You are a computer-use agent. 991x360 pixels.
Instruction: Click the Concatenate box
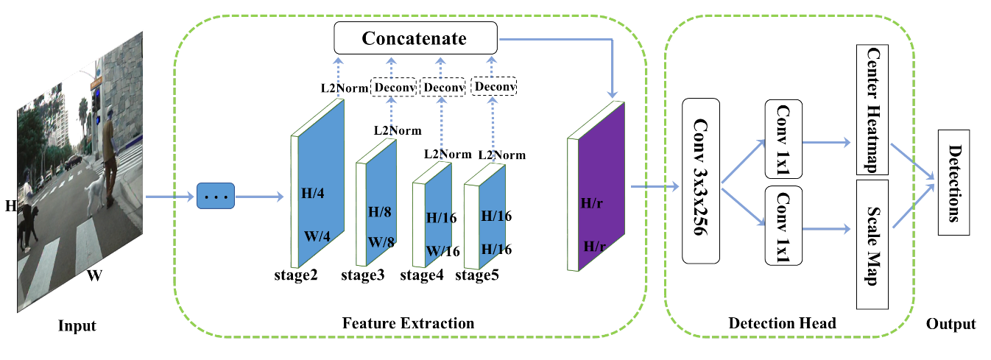[x=415, y=38]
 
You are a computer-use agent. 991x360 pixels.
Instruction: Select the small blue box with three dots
[x=215, y=197]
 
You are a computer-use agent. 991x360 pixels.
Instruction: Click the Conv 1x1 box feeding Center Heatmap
[x=783, y=138]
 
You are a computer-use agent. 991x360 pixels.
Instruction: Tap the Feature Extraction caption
[x=408, y=323]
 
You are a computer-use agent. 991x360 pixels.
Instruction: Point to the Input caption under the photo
[x=77, y=325]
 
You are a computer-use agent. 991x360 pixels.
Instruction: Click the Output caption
[x=951, y=324]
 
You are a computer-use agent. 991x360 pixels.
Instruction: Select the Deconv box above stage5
[x=493, y=87]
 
